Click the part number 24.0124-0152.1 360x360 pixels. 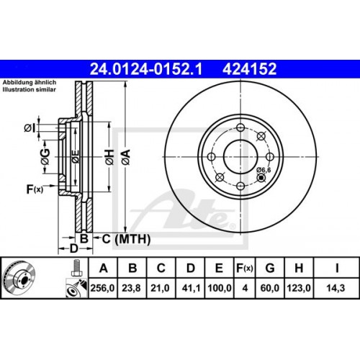[143, 69]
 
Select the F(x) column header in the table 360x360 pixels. [245, 269]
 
